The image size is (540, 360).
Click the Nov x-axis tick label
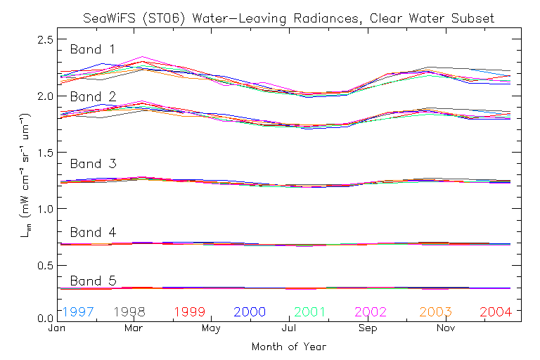[444, 328]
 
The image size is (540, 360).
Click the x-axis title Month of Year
[288, 346]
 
